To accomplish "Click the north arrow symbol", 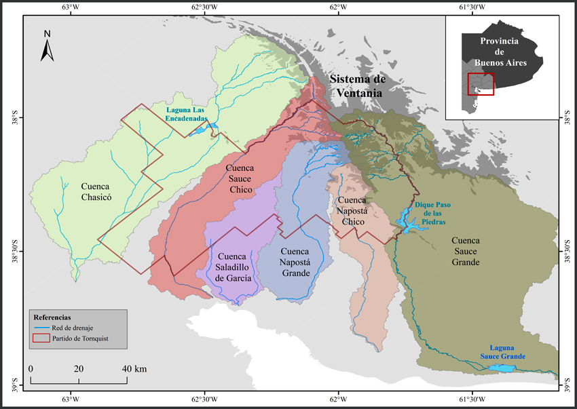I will (47, 45).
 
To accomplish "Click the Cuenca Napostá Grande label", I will (295, 262).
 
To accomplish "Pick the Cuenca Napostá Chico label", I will (351, 211).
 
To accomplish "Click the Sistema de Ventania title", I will (358, 85).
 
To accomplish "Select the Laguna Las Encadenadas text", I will (190, 113).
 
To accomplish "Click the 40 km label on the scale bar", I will (135, 368).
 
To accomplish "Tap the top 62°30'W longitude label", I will (204, 7).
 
